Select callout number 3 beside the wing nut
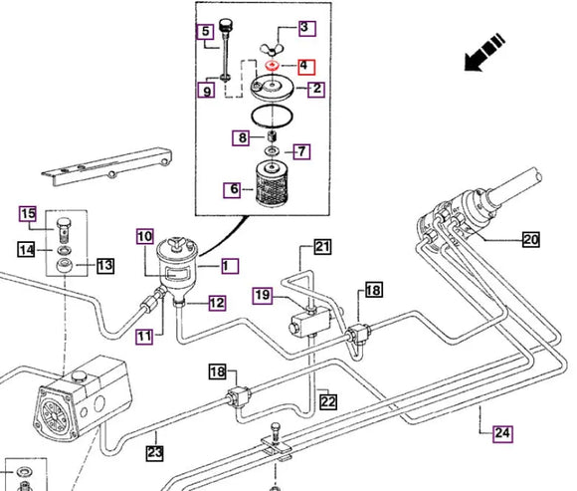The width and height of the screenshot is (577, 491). pos(305,28)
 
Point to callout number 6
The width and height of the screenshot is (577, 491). pos(234,188)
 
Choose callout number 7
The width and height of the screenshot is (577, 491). pos(302,151)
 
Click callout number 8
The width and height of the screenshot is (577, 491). pos(242,136)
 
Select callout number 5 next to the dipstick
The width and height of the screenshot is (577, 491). pos(206,32)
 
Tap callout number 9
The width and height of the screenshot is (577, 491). pos(206,92)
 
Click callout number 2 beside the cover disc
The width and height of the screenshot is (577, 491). pos(316,90)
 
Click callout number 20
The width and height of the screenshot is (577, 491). pos(530,239)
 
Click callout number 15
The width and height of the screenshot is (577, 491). pos(28,214)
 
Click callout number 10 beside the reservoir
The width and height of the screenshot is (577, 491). pos(145,237)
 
